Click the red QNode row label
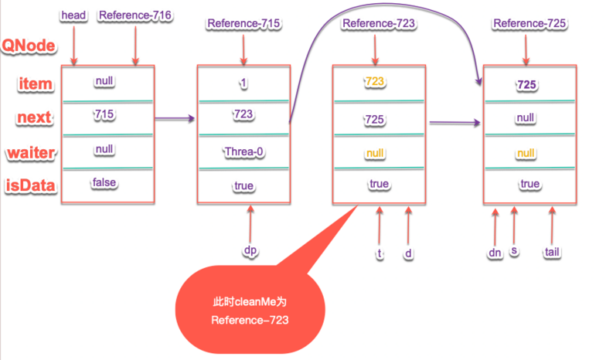coord(29,46)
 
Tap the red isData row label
coord(30,186)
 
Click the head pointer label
coord(73,15)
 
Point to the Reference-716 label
coord(135,15)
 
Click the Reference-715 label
coord(243,24)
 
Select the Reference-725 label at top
coord(529,24)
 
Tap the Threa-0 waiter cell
coord(243,152)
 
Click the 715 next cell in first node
coord(105,114)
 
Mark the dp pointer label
coord(250,250)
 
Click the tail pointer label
coord(553,251)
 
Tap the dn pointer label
coord(495,251)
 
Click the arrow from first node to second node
coord(173,119)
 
